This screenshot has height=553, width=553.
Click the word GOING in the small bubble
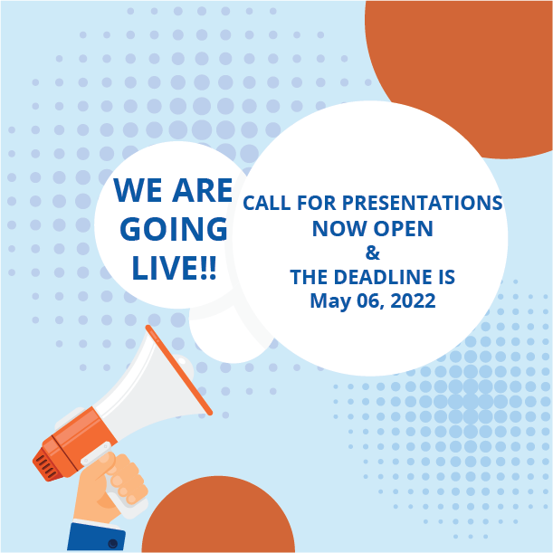pos(174,229)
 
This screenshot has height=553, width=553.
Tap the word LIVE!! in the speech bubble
pos(174,268)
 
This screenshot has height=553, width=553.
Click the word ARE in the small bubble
pos(203,190)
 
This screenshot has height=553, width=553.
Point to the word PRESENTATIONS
pos(422,203)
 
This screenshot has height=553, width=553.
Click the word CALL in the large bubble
pos(267,203)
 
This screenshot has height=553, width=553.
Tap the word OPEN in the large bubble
pos(404,229)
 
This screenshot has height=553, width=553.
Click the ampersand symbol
pos(372,253)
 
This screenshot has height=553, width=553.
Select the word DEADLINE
pos(383,277)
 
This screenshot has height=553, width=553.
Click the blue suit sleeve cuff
pos(96,537)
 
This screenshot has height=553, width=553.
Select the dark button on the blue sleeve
pos(113,543)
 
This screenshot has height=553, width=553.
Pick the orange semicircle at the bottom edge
pos(218,514)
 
